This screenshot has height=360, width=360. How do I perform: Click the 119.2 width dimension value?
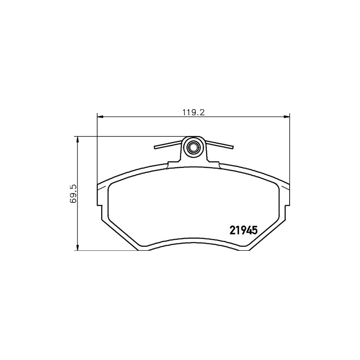[193, 113]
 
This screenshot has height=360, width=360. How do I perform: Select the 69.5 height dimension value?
[72, 194]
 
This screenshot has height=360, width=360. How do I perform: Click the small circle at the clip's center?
[194, 147]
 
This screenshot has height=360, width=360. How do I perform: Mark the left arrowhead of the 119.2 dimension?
[100, 117]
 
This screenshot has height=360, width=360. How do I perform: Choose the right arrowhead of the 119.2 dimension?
[287, 117]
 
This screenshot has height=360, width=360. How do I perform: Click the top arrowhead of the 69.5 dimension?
[77, 139]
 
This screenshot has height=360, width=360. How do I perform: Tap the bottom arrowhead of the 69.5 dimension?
[77, 248]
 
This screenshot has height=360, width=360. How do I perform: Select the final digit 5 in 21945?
[253, 231]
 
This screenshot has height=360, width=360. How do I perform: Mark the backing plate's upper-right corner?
[289, 184]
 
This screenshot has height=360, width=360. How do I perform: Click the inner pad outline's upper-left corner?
[110, 185]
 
